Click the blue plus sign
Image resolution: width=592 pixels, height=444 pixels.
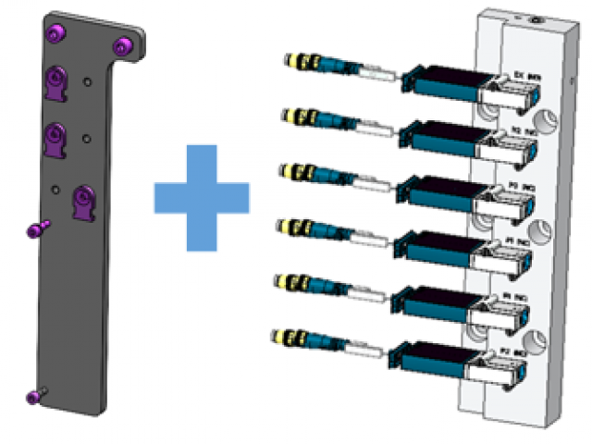201,196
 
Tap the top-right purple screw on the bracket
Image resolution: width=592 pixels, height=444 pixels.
119,45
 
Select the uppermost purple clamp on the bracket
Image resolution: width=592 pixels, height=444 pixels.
55,84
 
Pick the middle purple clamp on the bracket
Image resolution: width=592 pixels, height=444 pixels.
57,140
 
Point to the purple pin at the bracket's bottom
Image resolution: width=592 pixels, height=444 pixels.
34,396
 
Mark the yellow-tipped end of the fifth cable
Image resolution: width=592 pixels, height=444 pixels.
282,281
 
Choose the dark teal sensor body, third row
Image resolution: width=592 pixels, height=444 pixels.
436,193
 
